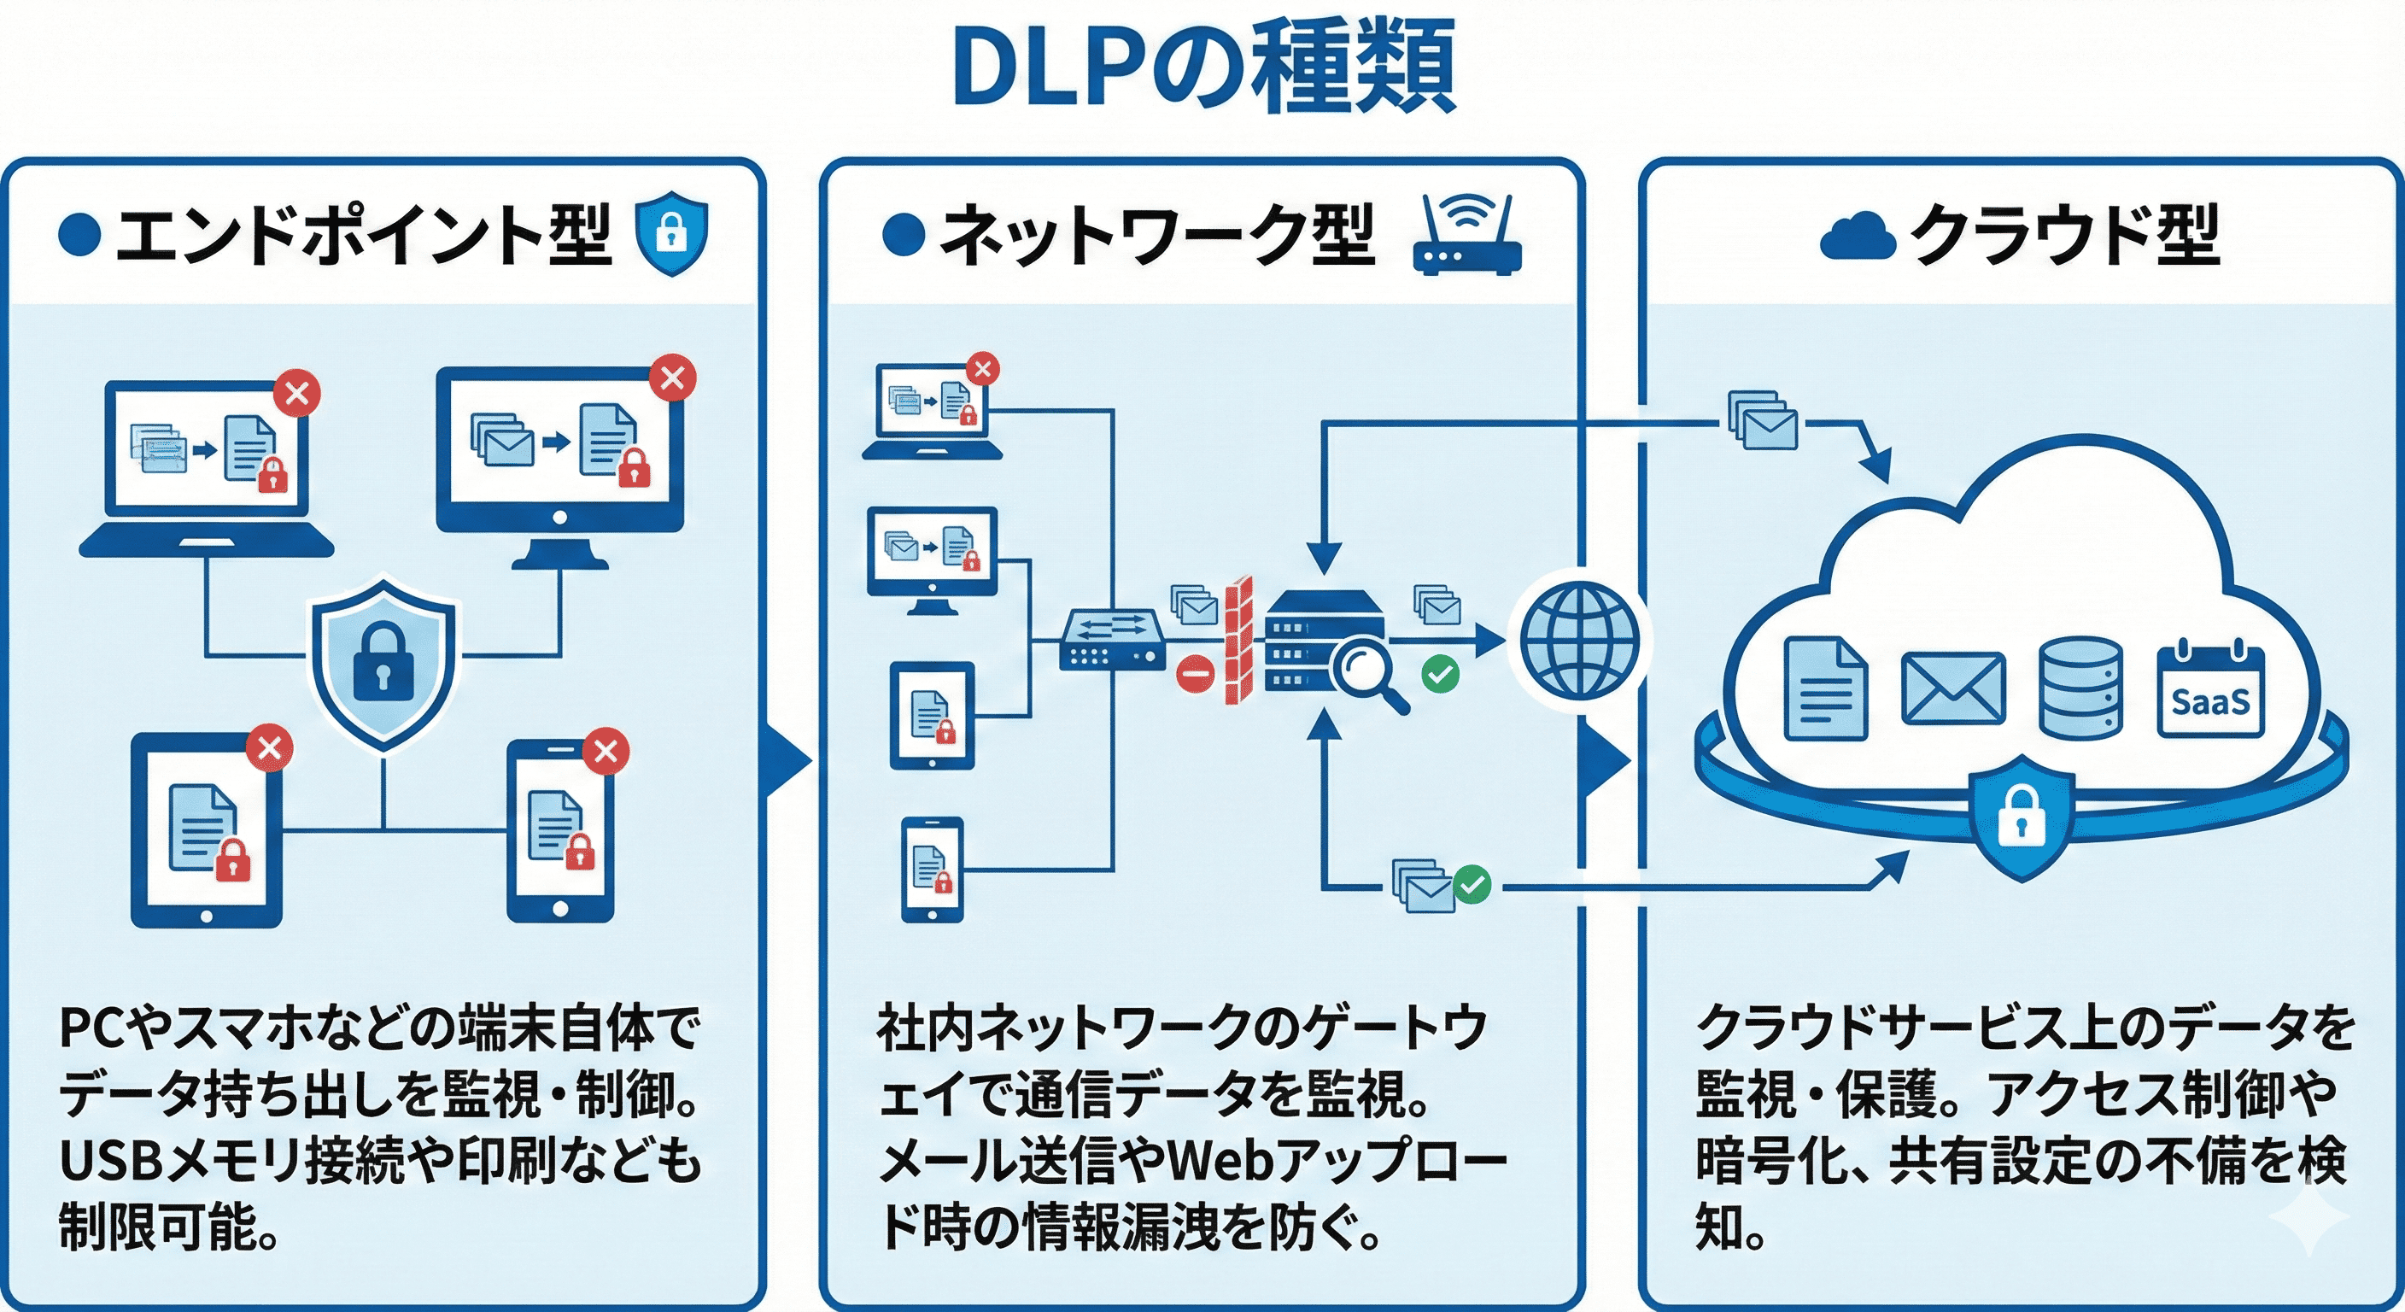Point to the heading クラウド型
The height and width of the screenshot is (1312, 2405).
[x=2063, y=234]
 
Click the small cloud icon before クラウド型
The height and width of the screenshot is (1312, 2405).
[x=1857, y=237]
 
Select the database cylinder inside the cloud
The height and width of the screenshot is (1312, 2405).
[x=2080, y=688]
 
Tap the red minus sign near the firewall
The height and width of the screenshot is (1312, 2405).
[x=1194, y=672]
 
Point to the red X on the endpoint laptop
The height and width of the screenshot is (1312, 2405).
[x=297, y=393]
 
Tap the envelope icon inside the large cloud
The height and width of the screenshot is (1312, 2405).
[x=1952, y=689]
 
